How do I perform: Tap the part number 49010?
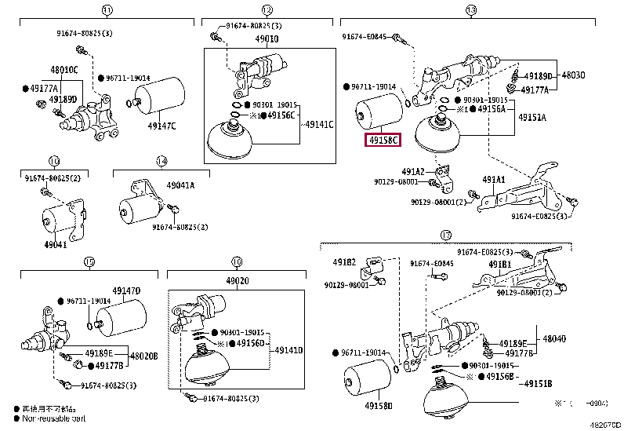pos(267,38)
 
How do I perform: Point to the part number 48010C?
pos(65,70)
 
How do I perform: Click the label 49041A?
pos(180,185)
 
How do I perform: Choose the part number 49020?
pos(238,279)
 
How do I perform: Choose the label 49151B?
pos(539,382)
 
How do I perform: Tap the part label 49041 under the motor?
pos(56,244)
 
